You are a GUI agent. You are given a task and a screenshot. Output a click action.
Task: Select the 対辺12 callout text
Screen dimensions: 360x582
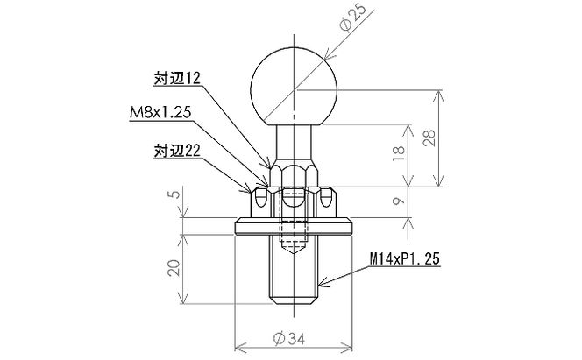(179, 78)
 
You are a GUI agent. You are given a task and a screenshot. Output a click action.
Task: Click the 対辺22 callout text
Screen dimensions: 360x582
(179, 150)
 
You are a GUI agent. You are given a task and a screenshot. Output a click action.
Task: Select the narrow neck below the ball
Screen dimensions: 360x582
(293, 138)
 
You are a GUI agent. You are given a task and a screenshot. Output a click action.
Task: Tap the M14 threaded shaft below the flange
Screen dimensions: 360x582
(293, 276)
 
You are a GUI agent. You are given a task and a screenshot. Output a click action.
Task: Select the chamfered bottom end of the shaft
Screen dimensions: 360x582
(293, 303)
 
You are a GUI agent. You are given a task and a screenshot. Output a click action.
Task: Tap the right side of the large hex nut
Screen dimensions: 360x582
(328, 203)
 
